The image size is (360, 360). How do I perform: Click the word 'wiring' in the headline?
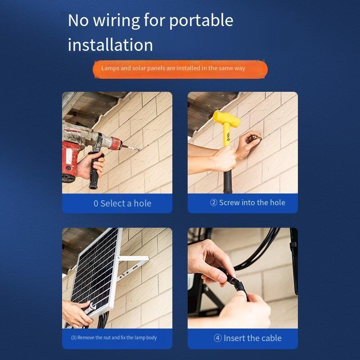[116, 21]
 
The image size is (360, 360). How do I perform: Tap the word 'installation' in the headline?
[110, 45]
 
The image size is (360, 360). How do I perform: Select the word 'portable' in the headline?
[201, 21]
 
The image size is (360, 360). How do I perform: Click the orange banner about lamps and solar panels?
[180, 69]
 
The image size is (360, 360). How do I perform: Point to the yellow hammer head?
[226, 118]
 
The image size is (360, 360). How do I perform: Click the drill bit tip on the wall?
[140, 150]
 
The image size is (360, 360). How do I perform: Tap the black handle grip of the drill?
[95, 170]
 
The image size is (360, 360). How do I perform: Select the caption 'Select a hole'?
[126, 203]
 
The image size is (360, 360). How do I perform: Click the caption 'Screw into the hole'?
[252, 202]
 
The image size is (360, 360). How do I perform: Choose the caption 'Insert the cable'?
[252, 338]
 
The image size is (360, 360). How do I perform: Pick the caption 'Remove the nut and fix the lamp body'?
[117, 337]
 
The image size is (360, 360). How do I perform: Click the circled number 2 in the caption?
[213, 202]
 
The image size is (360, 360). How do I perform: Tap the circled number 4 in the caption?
[218, 338]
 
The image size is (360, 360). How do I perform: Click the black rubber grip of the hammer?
[228, 181]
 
